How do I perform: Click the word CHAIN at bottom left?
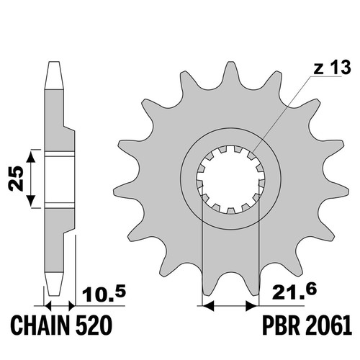[40, 325]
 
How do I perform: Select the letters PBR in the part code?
[282, 325]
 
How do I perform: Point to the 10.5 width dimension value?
[104, 294]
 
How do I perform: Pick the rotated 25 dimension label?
[16, 179]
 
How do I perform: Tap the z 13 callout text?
[332, 67]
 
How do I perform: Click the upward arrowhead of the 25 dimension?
[31, 156]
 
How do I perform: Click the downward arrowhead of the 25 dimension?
[31, 201]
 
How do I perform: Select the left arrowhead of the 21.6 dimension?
[208, 306]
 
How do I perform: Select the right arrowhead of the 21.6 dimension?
[252, 306]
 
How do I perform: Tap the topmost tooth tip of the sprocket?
[230, 63]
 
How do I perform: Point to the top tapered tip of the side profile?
[54, 63]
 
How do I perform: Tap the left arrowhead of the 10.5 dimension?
[48, 306]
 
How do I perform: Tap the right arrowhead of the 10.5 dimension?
[72, 306]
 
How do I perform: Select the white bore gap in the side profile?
[59, 180]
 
